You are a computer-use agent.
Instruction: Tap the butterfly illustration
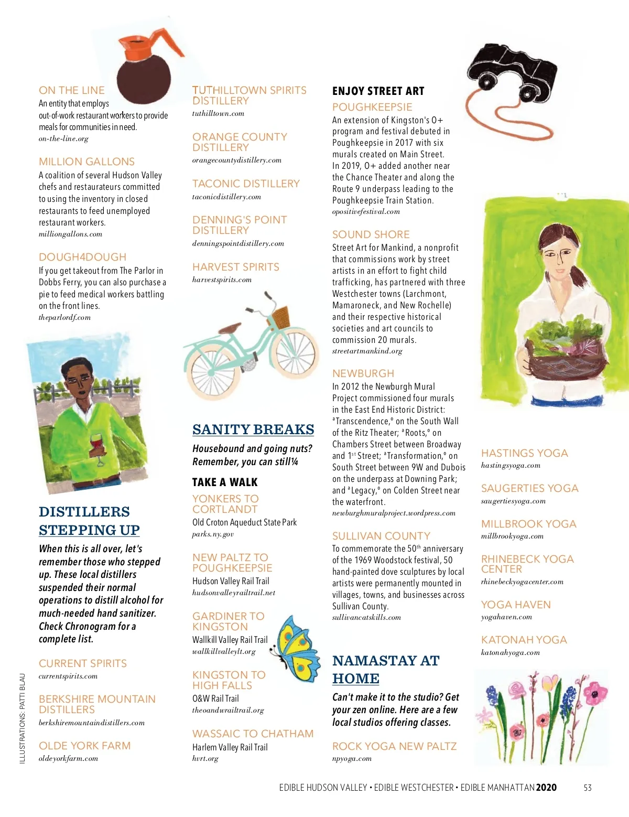[297, 648]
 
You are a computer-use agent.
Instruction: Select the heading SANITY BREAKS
[253, 429]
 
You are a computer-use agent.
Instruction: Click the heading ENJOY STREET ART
[378, 91]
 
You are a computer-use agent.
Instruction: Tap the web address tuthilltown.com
[218, 113]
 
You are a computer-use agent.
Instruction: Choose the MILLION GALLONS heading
[86, 162]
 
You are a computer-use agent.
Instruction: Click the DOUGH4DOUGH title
[82, 257]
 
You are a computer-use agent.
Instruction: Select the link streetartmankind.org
[367, 351]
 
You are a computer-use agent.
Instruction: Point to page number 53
[588, 788]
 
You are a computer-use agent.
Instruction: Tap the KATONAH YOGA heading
[524, 640]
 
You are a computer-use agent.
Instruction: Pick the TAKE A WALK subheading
[225, 482]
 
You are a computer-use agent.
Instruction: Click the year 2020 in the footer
[546, 788]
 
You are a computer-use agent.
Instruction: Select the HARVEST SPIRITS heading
[235, 267]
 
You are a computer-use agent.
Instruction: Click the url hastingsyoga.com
[511, 465]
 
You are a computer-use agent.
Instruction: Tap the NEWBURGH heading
[363, 373]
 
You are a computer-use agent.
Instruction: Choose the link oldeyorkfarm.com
[68, 758]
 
